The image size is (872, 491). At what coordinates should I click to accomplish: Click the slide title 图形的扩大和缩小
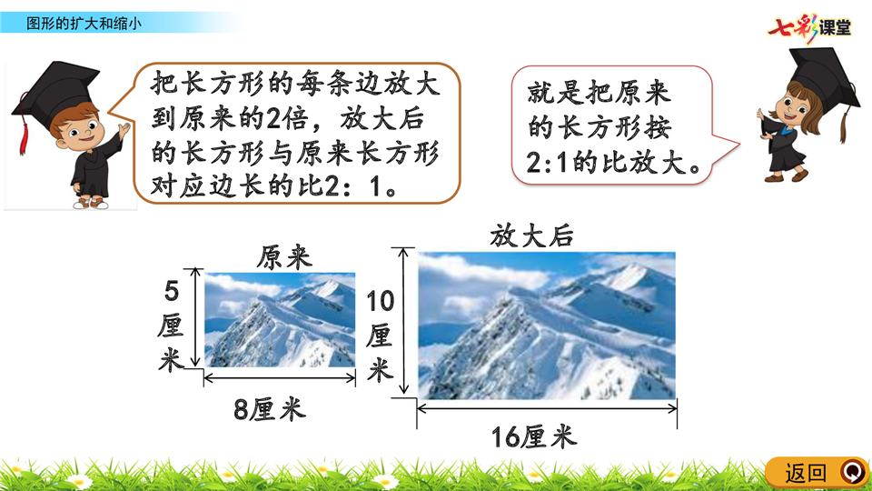click(x=84, y=24)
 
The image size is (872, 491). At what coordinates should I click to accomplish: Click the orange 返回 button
click(x=817, y=473)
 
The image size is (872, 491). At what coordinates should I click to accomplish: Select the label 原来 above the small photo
click(x=284, y=257)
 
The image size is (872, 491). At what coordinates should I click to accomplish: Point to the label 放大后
click(x=531, y=235)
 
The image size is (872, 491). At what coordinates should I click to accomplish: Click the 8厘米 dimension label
click(x=270, y=410)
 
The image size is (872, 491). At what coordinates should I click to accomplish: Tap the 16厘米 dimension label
click(x=534, y=436)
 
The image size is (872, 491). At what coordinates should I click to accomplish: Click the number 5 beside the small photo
click(x=172, y=292)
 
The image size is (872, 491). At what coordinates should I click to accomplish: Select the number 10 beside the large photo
click(x=381, y=302)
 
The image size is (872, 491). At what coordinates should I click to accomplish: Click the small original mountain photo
click(x=280, y=319)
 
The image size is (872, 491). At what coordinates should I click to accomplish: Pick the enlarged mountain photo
click(x=547, y=326)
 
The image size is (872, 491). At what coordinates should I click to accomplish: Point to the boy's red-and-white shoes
click(x=92, y=203)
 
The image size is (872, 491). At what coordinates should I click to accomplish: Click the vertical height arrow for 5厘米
click(x=194, y=317)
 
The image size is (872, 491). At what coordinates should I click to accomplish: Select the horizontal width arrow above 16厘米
click(x=547, y=408)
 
